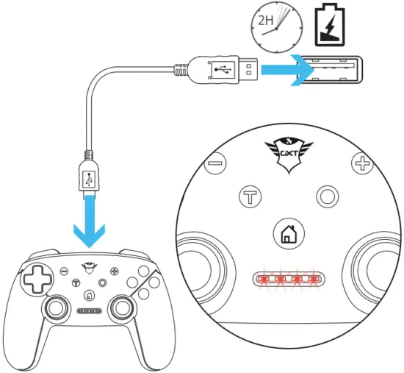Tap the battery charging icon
(x=328, y=26)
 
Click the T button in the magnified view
(x=250, y=197)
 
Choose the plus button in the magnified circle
(x=362, y=163)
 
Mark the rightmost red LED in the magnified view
(x=315, y=280)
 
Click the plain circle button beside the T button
(x=325, y=196)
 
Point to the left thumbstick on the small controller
(x=57, y=307)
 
